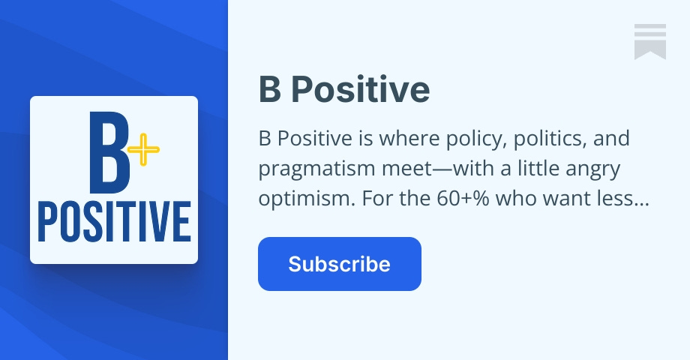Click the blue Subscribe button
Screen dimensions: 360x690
pyautogui.click(x=339, y=264)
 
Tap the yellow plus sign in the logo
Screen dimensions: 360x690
pyautogui.click(x=142, y=152)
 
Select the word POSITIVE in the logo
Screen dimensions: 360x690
pyautogui.click(x=114, y=220)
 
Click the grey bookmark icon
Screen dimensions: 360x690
pyautogui.click(x=649, y=40)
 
